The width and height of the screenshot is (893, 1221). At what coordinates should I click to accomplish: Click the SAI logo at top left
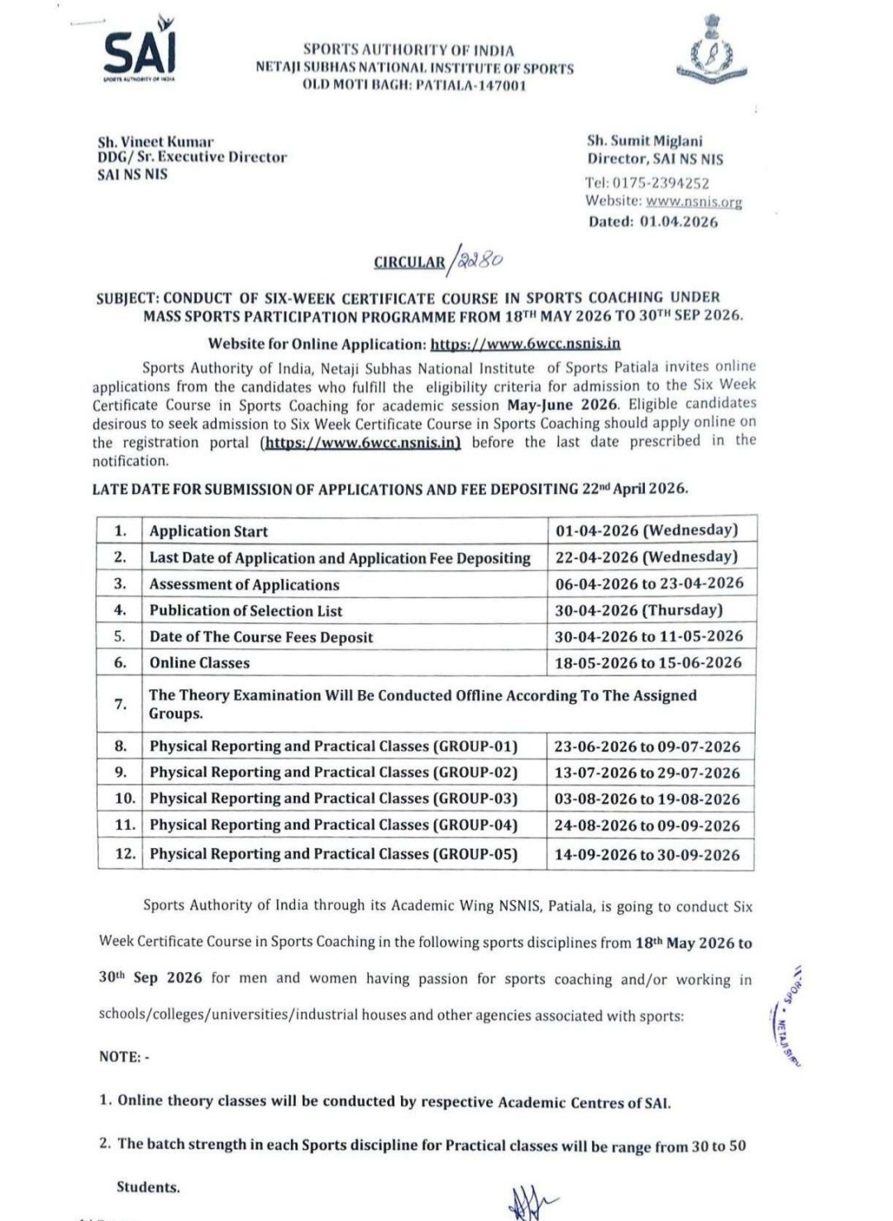140,53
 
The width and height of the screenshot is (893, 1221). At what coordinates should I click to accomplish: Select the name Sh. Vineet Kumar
155,141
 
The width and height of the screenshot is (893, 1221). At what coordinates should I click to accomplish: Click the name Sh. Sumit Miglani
645,141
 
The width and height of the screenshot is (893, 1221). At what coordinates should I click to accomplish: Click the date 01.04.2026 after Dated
679,222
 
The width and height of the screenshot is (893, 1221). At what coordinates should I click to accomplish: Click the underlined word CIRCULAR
409,262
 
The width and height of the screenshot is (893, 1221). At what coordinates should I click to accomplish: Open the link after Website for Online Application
525,343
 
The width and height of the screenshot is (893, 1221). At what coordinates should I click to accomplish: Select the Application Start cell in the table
208,531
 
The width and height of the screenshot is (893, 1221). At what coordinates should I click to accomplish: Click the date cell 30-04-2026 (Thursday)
639,610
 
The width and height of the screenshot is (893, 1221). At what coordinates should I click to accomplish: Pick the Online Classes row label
199,663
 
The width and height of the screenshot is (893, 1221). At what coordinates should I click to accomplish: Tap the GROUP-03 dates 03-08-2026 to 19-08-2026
647,799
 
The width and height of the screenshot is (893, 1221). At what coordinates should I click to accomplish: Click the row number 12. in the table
125,853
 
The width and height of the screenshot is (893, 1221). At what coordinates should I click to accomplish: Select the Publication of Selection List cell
246,610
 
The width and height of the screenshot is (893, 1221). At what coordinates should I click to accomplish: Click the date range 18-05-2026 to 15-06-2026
649,663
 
